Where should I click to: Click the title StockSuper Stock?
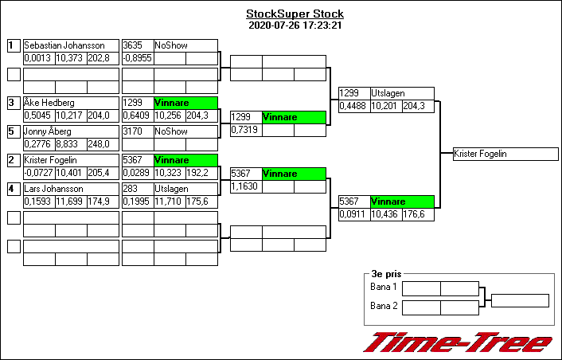point(295,14)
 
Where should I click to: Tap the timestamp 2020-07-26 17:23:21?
point(295,25)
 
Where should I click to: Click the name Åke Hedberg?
point(49,103)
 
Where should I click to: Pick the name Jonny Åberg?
point(48,131)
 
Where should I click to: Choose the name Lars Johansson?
point(54,189)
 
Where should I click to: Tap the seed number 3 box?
point(13,103)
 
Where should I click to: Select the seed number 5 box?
point(13,131)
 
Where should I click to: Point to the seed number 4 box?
point(13,189)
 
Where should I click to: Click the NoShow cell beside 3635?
point(185,45)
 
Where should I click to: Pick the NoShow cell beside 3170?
point(185,131)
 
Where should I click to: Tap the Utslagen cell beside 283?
point(185,189)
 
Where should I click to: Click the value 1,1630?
point(245,186)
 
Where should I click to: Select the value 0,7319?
point(245,130)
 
